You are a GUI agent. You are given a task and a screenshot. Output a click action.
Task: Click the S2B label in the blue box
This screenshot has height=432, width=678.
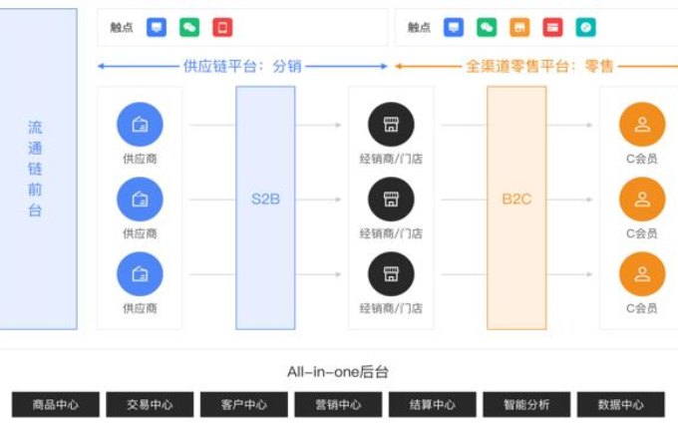[265, 200]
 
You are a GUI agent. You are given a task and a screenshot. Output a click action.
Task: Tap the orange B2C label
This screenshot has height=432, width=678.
[516, 200]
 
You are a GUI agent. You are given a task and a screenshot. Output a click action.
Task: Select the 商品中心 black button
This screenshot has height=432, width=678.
[56, 405]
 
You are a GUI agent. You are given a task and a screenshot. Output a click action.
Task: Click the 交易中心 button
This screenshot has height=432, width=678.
[150, 405]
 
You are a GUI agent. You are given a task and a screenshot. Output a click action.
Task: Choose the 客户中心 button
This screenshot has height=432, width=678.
[244, 405]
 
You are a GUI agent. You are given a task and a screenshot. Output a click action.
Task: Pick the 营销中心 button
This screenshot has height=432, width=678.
[338, 405]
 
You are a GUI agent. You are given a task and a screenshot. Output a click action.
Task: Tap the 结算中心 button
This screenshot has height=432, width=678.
[433, 405]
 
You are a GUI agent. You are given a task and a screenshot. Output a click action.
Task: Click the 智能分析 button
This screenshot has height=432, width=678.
[526, 405]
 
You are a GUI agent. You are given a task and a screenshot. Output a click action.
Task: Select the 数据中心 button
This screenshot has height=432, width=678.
[621, 405]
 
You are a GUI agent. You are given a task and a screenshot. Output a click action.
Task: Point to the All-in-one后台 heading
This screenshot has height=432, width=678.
[338, 372]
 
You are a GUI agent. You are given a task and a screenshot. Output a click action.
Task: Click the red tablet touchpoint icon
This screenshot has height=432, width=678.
[222, 27]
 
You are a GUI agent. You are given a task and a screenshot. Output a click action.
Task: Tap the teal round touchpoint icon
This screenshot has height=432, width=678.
[585, 27]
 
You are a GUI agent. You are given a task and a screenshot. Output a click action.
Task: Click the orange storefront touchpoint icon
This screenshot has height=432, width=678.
[519, 27]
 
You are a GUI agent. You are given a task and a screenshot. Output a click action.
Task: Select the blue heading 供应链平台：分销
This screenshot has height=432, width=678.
[242, 66]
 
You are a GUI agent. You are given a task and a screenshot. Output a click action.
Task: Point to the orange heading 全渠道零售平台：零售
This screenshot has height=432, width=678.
[539, 66]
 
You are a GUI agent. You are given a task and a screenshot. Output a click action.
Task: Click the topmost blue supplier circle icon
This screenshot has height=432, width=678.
[140, 125]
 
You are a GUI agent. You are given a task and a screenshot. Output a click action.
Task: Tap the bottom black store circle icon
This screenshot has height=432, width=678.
[391, 274]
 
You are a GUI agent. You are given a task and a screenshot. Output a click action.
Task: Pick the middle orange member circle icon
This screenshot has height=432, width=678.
[642, 200]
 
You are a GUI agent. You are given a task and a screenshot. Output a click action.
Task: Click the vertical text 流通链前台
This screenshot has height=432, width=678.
[35, 169]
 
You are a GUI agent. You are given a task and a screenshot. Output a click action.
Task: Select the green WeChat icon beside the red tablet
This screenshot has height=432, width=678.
[189, 27]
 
